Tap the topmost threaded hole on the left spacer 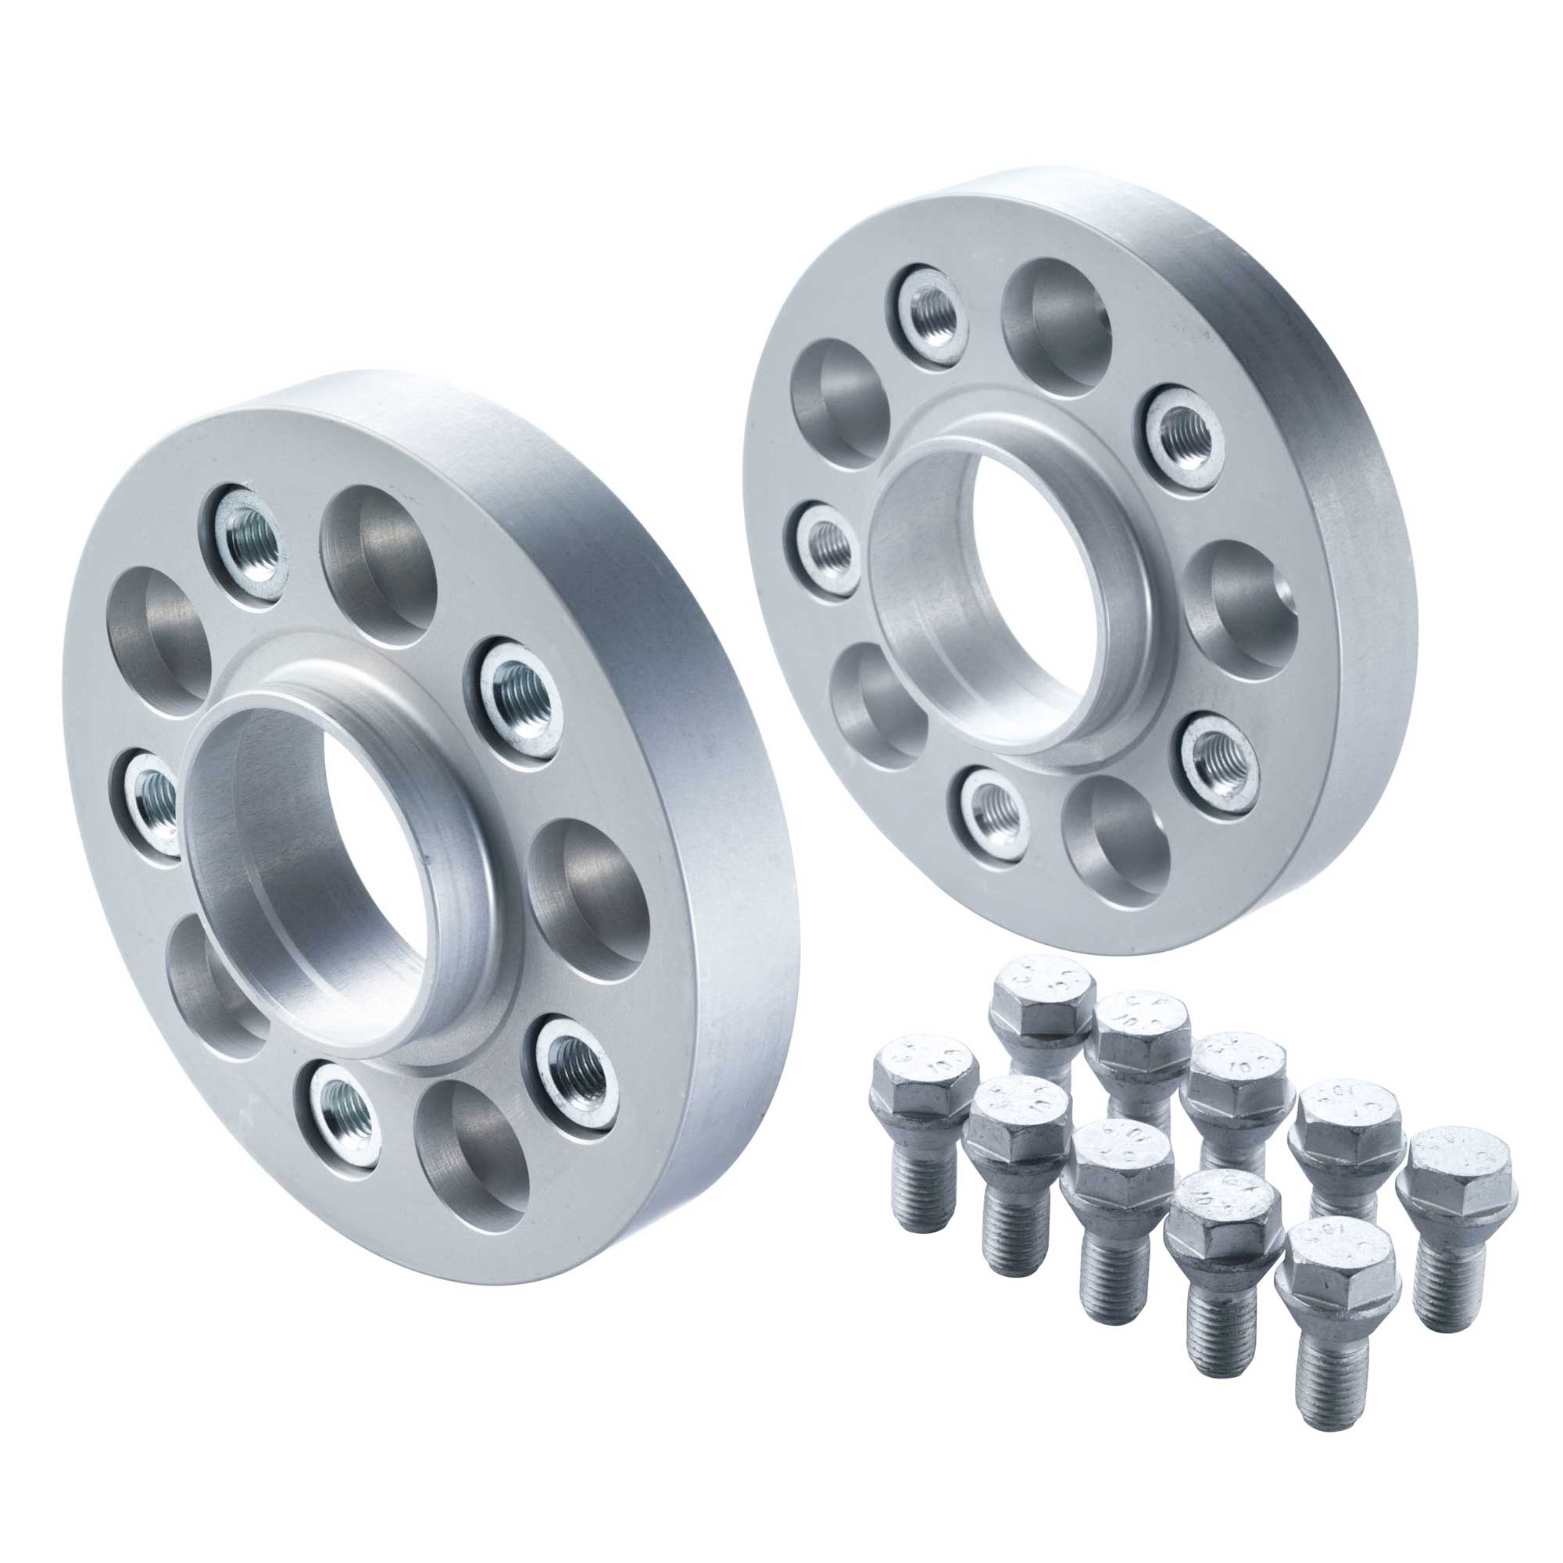(252, 544)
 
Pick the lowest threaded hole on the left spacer (346, 1114)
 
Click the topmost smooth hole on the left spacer (378, 567)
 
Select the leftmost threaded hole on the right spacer (827, 546)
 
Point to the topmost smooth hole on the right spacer (1056, 327)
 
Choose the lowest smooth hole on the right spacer (1118, 842)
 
